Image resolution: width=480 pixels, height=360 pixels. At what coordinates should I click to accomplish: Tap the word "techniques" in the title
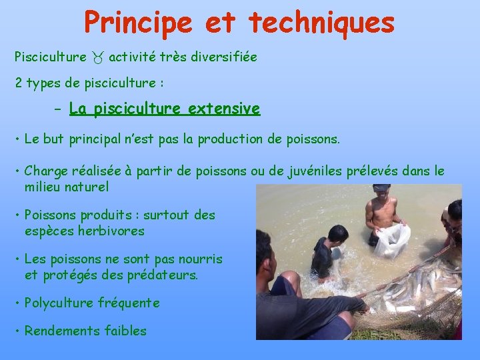tap(322, 23)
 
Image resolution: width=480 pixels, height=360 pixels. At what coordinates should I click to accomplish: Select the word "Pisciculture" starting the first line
tap(51, 57)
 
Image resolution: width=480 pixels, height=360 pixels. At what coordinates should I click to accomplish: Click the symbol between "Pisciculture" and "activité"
tap(97, 58)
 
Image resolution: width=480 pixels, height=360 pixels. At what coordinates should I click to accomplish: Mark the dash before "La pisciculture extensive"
tap(58, 109)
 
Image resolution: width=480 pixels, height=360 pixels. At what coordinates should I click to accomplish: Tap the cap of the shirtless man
tap(381, 189)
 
